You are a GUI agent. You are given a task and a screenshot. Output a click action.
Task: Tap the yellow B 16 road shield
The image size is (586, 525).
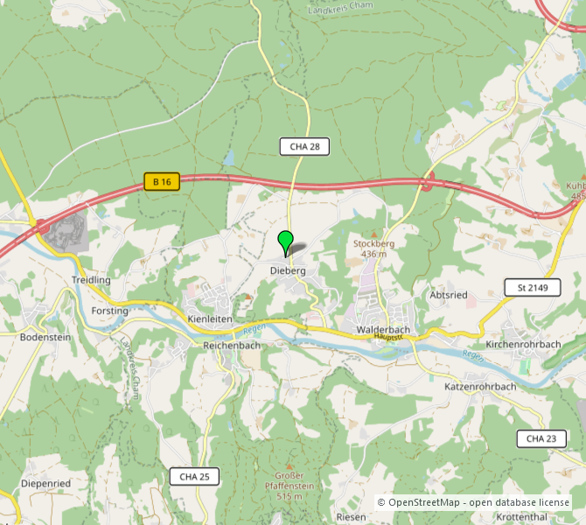162,181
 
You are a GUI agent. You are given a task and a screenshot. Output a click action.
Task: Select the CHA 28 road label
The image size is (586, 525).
304,146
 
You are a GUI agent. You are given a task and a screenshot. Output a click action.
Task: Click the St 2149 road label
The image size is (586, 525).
532,287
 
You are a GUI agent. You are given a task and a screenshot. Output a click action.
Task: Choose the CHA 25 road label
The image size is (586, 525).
194,476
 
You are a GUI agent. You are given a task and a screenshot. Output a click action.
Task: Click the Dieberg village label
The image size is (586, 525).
289,271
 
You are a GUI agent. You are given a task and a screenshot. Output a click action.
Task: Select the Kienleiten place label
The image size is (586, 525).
210,319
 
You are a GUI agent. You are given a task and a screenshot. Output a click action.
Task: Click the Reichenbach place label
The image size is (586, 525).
232,346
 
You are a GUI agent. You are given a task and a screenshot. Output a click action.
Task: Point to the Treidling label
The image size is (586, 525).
91,280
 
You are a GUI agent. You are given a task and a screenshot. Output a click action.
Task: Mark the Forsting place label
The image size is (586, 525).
110,311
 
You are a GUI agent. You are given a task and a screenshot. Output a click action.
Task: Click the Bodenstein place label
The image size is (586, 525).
45,337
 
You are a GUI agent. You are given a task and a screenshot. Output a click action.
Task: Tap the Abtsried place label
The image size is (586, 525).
449,296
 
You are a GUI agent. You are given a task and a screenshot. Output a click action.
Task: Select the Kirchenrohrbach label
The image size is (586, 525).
523,345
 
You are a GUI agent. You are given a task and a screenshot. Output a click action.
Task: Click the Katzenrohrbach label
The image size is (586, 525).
480,386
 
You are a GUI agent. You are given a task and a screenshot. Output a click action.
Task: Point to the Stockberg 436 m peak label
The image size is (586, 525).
373,248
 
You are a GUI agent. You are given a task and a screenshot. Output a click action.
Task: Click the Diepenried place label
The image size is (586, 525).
45,482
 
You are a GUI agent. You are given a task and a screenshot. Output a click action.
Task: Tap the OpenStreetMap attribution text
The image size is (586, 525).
474,502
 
